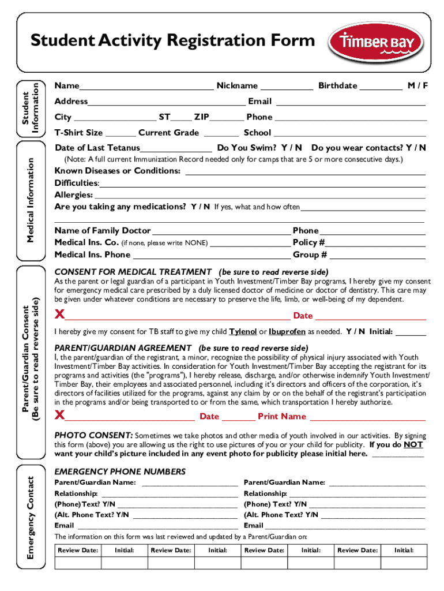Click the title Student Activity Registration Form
coord(173,40)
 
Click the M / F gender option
coord(417,85)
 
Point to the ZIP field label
coord(201,117)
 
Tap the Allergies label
coord(74,195)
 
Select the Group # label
coord(310,255)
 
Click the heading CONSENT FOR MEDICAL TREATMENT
coord(133,272)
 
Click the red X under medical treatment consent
coord(59,315)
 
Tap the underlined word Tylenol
coord(243,332)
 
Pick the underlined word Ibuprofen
coord(287,332)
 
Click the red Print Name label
coord(281,417)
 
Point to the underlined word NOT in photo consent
coord(413,445)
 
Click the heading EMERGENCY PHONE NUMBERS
coord(120,472)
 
